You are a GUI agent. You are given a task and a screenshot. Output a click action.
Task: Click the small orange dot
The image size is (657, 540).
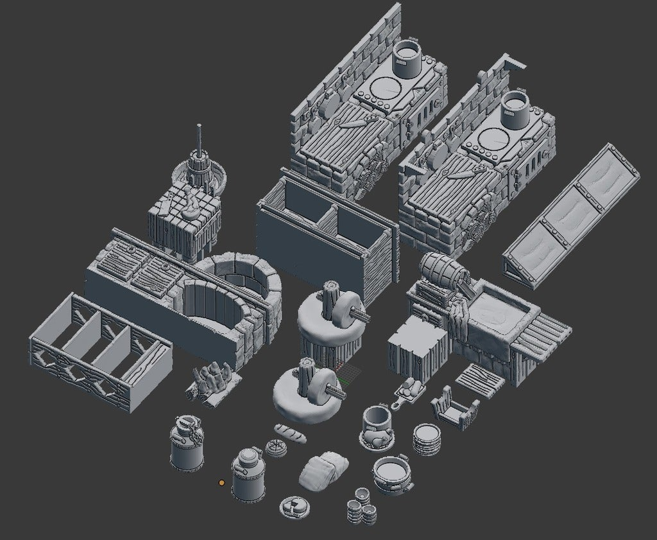(x=221, y=482)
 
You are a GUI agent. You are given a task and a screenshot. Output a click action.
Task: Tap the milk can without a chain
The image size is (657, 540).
(x=248, y=476)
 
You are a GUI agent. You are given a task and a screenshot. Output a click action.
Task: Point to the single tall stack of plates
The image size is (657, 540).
(x=426, y=439)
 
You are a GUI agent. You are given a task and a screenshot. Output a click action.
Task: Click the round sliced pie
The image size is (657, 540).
(x=276, y=448)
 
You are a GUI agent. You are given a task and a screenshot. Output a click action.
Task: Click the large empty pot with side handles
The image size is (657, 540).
(x=392, y=475)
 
